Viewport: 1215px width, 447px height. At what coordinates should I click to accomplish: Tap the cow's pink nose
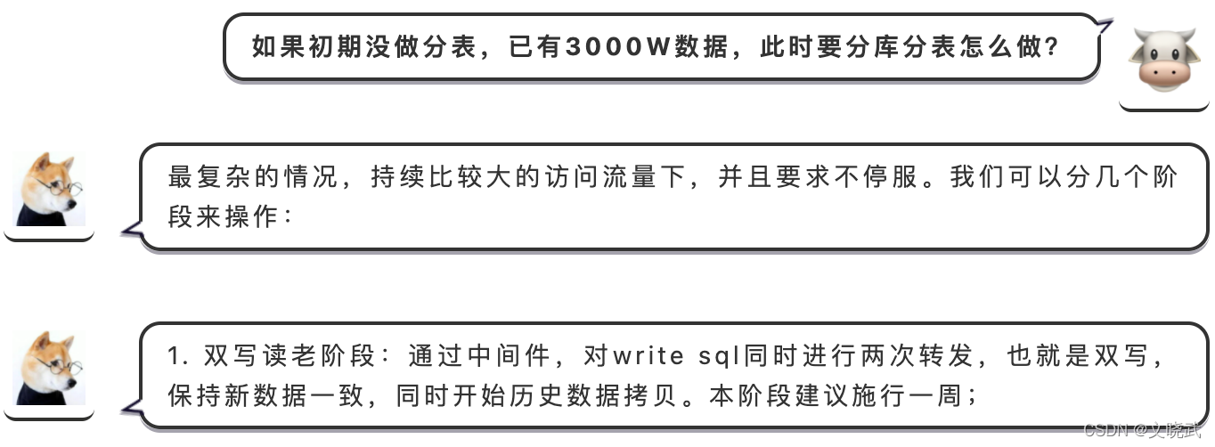coord(1162,73)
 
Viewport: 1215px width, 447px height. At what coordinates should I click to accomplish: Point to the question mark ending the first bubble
coord(1050,46)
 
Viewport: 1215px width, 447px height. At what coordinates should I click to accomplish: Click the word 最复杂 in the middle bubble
coord(210,177)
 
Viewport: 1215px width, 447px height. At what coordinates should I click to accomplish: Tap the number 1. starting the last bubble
coord(175,357)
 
